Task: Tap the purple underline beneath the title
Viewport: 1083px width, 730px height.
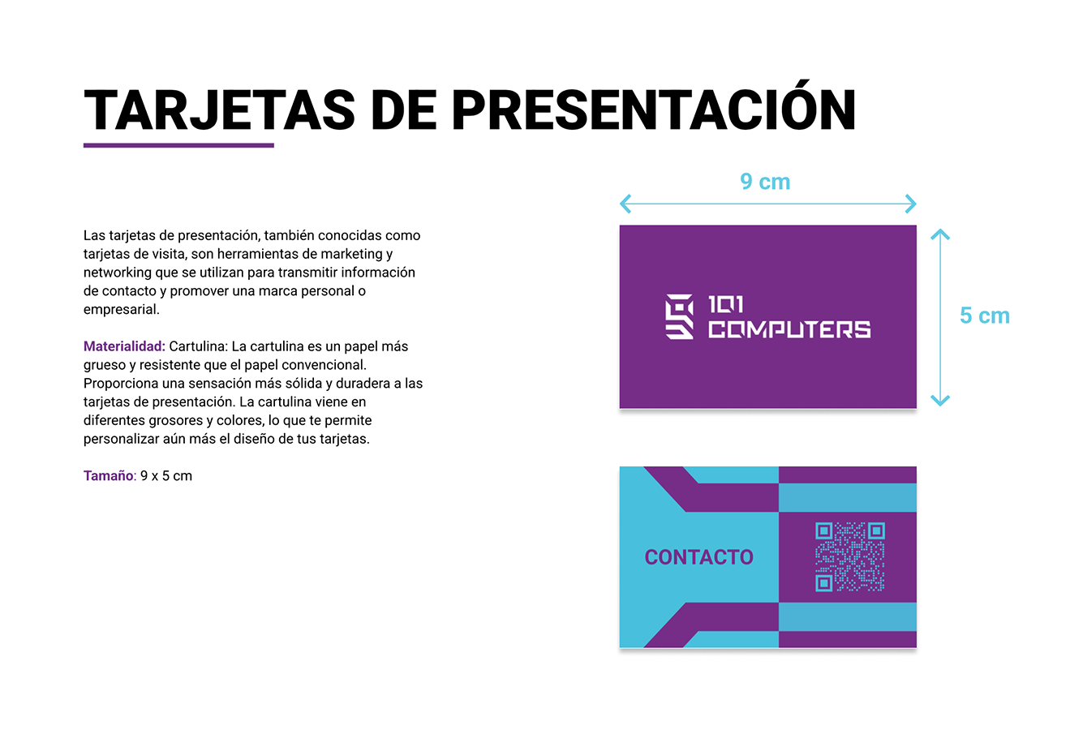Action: pos(178,145)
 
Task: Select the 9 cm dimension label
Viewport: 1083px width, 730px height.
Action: pos(765,182)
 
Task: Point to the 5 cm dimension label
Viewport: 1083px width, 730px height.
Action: pos(984,316)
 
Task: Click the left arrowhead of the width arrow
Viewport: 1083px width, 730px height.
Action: pos(625,204)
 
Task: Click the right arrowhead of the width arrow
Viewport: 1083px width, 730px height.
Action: pos(911,204)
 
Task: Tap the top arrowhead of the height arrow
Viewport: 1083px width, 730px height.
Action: pos(940,234)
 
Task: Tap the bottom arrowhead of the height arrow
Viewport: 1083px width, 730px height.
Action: pos(940,400)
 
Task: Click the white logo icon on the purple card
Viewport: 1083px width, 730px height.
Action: pos(680,316)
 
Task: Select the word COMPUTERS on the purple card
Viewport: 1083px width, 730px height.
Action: pos(789,329)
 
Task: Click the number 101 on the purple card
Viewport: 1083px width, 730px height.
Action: pos(725,305)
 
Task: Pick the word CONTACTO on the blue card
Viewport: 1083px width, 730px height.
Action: pos(698,557)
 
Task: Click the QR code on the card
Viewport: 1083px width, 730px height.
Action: pos(849,556)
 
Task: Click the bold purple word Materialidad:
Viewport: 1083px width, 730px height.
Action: pos(124,346)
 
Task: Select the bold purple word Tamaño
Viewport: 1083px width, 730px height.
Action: pos(108,476)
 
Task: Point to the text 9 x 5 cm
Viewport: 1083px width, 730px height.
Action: pos(166,476)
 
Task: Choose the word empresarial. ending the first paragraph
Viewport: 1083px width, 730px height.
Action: pos(122,310)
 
